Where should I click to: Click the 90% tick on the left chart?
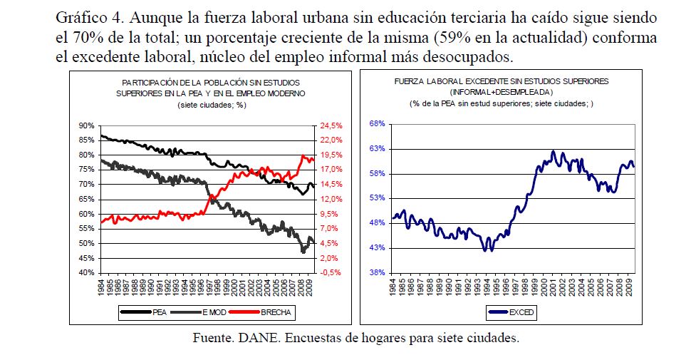coord(85,125)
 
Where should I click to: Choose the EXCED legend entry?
coord(524,312)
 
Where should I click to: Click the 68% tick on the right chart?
coord(377,124)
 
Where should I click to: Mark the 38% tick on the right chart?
coord(377,272)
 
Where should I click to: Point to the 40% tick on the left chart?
coord(85,273)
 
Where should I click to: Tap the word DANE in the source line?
coord(251,338)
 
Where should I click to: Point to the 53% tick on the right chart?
coord(377,198)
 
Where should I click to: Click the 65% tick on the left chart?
coord(85,199)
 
